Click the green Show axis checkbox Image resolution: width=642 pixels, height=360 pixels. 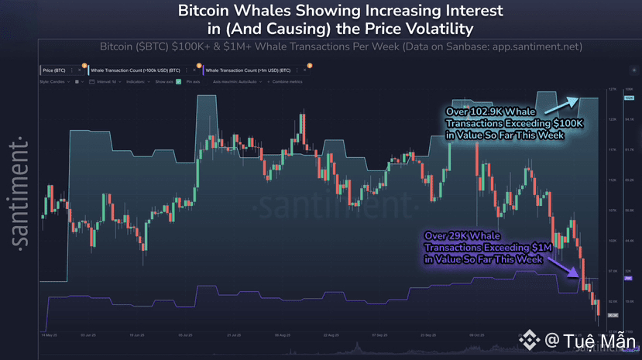178,81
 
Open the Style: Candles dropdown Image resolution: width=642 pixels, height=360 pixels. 54,81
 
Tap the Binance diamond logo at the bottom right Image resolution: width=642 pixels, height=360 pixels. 530,340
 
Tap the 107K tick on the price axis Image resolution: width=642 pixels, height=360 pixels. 612,210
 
